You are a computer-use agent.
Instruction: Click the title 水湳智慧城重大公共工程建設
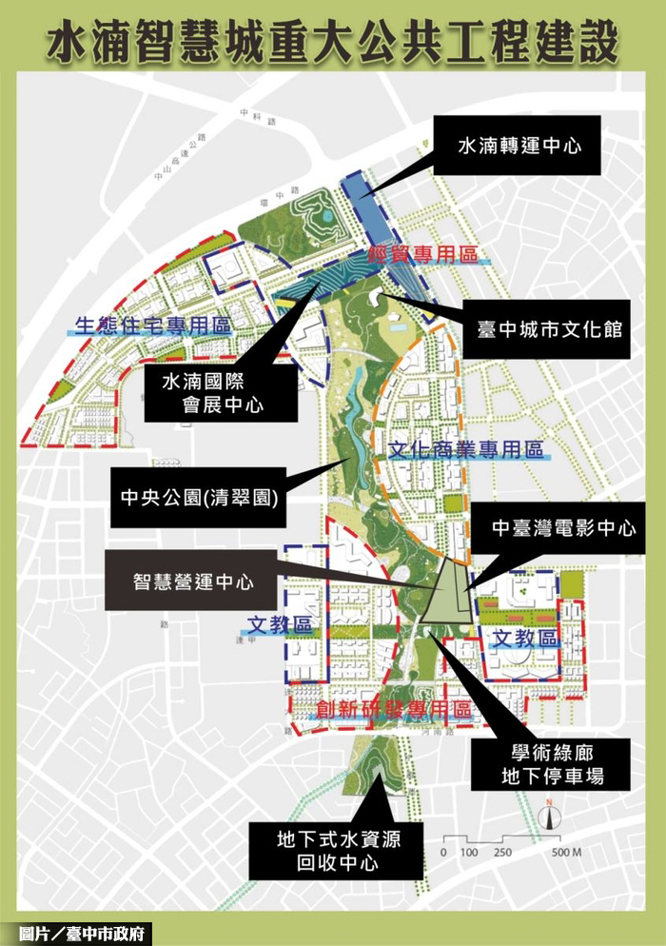coord(333,43)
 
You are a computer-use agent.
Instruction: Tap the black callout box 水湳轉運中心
coord(519,146)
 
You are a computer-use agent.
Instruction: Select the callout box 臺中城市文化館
coord(550,330)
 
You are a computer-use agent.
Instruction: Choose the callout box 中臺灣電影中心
coord(563,528)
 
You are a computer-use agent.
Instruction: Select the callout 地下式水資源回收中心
coord(337,851)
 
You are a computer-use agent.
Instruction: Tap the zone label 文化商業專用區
coord(466,448)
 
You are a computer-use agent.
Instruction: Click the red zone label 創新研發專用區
coord(381,709)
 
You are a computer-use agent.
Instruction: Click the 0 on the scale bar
coord(443,851)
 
